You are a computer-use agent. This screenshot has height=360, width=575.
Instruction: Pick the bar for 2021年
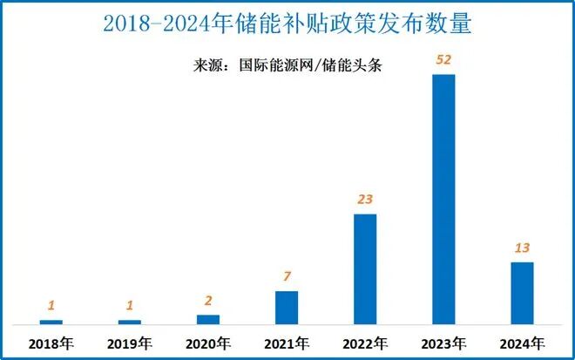point(287,308)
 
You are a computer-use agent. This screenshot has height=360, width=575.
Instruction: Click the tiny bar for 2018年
point(51,323)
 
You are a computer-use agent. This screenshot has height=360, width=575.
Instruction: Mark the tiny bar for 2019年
point(130,323)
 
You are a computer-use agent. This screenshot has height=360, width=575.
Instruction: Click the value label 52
point(443,59)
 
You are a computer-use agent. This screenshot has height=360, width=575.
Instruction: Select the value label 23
point(365,200)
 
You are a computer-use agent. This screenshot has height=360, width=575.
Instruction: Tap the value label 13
point(522,248)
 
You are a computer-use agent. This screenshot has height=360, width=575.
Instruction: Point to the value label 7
point(287,277)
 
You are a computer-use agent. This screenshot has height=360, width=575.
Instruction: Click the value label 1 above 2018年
point(51,306)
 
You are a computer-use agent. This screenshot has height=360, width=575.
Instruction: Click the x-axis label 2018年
point(51,343)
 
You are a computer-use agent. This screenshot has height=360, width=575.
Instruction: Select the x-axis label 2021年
point(287,343)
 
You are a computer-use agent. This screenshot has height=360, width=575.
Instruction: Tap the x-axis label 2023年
point(443,343)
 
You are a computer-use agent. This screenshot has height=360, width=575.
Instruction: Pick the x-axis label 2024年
point(522,343)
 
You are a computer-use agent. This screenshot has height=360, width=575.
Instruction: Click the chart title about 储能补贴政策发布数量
point(287,24)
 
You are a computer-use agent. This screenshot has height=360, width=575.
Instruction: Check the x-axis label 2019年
point(130,343)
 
